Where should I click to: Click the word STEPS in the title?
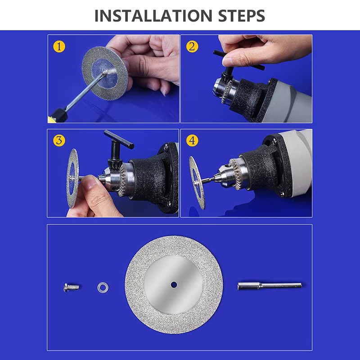(242, 16)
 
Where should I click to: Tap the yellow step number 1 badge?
(59, 47)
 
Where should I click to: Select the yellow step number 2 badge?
(192, 47)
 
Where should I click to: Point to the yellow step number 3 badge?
(59, 140)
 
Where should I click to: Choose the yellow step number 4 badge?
(192, 140)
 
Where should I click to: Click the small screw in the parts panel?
(72, 287)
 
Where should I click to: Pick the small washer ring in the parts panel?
(103, 288)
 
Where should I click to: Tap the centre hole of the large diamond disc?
(174, 285)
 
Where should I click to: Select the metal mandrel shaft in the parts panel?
(270, 286)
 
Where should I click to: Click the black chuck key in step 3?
(116, 148)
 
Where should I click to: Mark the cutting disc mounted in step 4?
(197, 183)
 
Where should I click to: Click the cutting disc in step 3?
(72, 178)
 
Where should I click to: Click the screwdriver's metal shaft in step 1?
(86, 91)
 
